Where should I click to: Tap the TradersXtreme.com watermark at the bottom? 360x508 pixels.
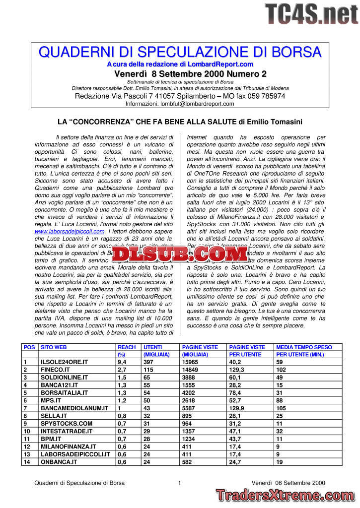[x=286, y=495]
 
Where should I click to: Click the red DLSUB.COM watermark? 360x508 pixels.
[x=179, y=254]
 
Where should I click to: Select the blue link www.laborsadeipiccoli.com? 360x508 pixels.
[x=70, y=231]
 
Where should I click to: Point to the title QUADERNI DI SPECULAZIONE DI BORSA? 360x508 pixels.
[x=180, y=52]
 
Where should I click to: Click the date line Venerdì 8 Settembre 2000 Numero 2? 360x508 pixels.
[x=190, y=74]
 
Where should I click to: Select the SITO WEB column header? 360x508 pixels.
[x=54, y=347]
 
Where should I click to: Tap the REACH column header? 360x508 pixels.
[x=127, y=347]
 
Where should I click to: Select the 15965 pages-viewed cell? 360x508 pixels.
[x=192, y=362]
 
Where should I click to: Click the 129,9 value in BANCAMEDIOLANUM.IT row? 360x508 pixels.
[x=236, y=408]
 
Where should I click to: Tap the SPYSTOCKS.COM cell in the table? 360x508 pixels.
[x=67, y=424]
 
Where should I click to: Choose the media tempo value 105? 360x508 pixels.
[x=282, y=408]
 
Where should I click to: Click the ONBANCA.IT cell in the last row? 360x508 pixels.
[x=59, y=462]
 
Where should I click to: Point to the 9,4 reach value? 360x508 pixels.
[x=122, y=362]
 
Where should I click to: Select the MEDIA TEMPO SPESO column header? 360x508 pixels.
[x=304, y=347]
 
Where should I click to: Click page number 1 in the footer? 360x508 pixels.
[x=179, y=483]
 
